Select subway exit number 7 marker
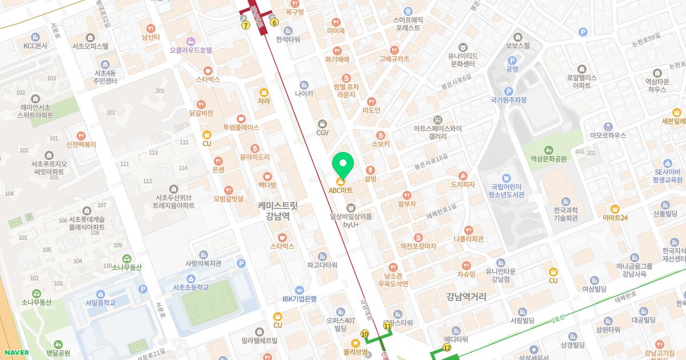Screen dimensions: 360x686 (246, 25)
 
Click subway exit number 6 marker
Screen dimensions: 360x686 (274, 23)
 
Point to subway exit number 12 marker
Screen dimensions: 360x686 (447, 347)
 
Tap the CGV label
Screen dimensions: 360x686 (322, 133)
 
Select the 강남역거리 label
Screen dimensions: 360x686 (466, 297)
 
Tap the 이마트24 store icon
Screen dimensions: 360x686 (615, 209)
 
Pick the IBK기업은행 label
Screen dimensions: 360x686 (299, 298)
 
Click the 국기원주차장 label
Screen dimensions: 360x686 (508, 100)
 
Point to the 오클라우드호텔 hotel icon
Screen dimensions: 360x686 (190, 41)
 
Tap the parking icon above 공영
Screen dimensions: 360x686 (512, 60)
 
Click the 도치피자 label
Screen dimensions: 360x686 (463, 185)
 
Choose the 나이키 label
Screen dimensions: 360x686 (304, 93)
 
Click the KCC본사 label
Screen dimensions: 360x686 (35, 46)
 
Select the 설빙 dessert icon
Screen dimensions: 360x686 (370, 170)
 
